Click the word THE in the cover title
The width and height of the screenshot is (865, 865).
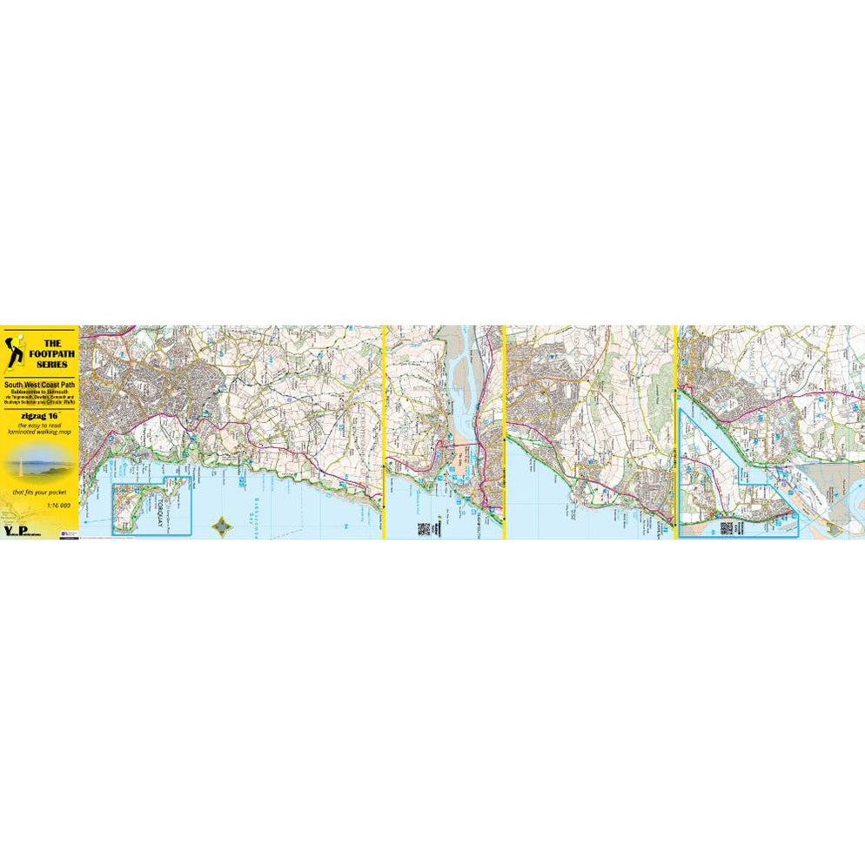click(51, 343)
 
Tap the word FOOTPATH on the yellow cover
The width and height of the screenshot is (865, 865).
click(51, 353)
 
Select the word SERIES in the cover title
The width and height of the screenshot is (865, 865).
click(51, 364)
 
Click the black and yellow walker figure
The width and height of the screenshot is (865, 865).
click(15, 348)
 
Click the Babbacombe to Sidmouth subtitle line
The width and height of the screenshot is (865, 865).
click(39, 392)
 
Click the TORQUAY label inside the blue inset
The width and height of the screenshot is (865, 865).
click(158, 507)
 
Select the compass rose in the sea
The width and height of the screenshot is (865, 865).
click(224, 526)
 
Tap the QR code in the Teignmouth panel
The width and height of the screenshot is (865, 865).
click(424, 528)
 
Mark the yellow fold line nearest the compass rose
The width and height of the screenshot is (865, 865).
click(384, 432)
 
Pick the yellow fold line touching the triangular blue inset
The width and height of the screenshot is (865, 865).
click(676, 432)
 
